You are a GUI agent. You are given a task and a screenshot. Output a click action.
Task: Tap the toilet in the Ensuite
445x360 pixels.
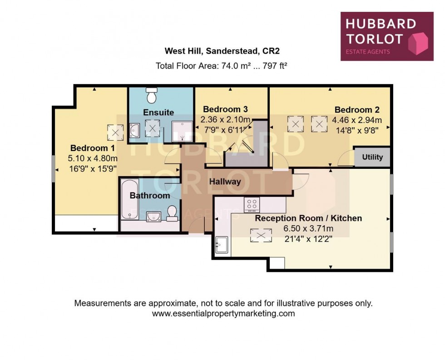coord(151,96)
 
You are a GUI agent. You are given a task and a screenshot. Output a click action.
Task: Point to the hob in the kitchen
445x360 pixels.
coord(252,205)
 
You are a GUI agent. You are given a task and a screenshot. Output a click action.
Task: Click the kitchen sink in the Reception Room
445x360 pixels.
coord(222,245)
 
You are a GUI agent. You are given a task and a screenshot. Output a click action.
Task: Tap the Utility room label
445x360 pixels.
coord(372,158)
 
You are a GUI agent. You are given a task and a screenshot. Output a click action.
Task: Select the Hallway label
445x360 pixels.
coord(225,182)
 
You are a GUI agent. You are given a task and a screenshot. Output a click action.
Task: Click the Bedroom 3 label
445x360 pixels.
coord(225,109)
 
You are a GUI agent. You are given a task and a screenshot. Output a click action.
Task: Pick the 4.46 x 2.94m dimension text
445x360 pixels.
coord(357,120)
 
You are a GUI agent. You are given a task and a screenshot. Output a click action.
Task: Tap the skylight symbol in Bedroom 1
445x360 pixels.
coord(115,133)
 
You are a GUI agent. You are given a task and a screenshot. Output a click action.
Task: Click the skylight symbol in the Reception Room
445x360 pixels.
coord(261,235)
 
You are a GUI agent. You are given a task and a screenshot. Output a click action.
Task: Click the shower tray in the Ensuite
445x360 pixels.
coord(183,132)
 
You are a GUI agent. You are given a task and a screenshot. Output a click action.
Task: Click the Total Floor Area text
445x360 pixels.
coord(222,66)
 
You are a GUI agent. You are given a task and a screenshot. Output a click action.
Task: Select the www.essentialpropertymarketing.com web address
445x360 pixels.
coord(223,314)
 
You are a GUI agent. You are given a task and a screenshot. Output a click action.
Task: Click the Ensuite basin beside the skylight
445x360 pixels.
coord(135,131)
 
